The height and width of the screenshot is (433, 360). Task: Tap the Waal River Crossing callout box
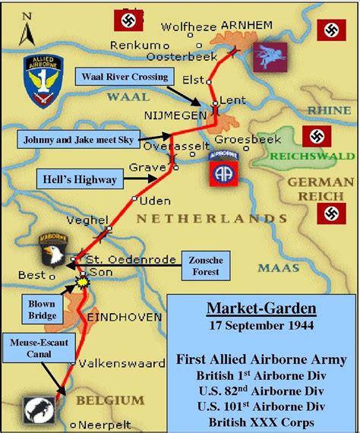coord(125,76)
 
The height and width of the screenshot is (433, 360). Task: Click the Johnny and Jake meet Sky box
coord(72,139)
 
